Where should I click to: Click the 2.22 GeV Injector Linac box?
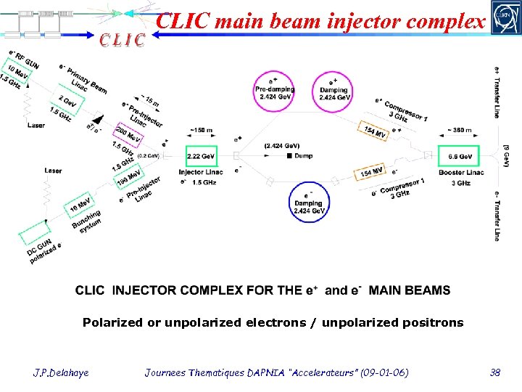tap(201, 156)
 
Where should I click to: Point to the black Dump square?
tap(289, 155)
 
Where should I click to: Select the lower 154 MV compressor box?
tap(371, 173)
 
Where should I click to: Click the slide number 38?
tap(495, 372)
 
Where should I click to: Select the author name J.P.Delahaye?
tap(62, 372)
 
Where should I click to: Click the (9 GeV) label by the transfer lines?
tap(505, 155)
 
